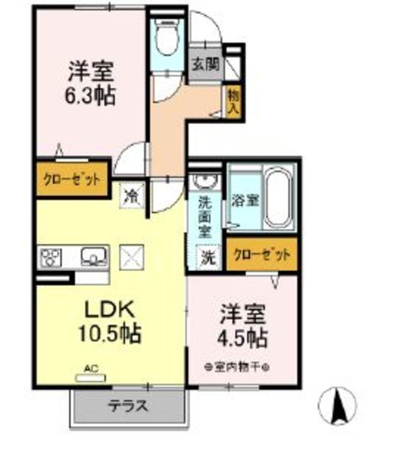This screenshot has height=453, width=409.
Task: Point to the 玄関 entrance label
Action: tap(205, 64)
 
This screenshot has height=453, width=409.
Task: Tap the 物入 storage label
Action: tap(234, 101)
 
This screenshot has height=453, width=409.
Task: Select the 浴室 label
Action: tap(245, 200)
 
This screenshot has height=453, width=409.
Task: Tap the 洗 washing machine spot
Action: tap(207, 258)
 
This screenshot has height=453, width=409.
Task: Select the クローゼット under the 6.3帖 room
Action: tap(70, 179)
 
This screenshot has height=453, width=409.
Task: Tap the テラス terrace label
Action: tap(129, 406)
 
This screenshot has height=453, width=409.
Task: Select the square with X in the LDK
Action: tap(132, 256)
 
